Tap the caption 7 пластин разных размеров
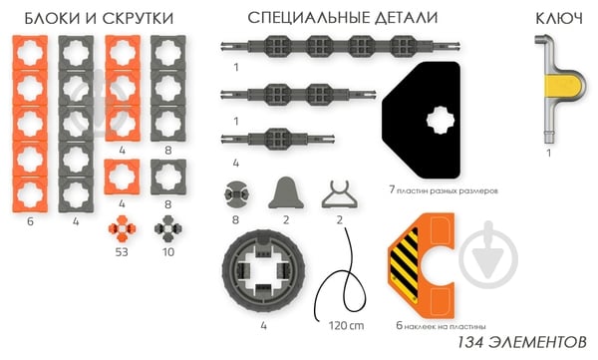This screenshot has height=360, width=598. coord(443,187)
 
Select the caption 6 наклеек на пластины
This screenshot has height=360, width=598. coord(440,325)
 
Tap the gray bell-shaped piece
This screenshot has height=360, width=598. coord(286,191)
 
